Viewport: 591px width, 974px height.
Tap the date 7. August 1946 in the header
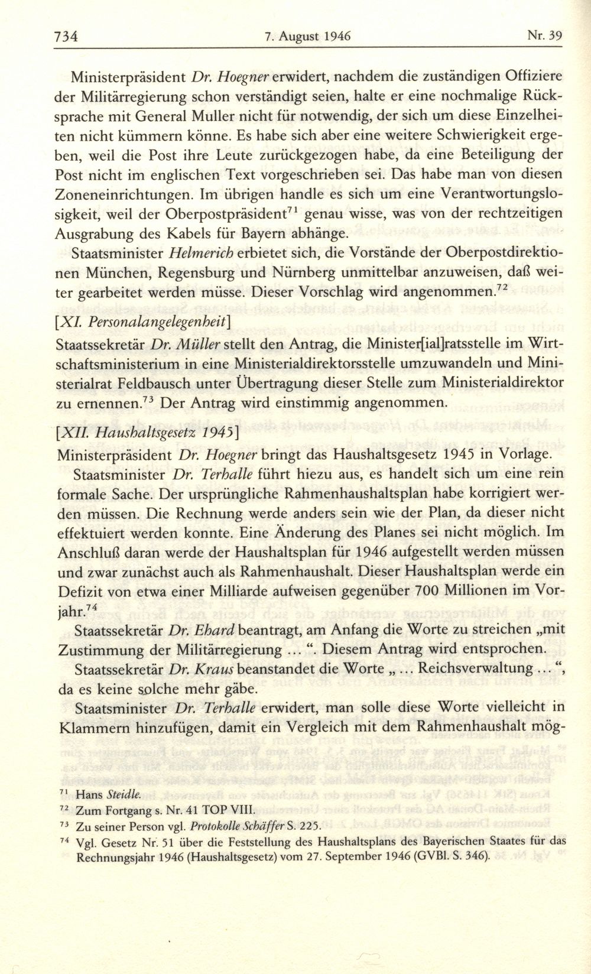pyautogui.click(x=307, y=35)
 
